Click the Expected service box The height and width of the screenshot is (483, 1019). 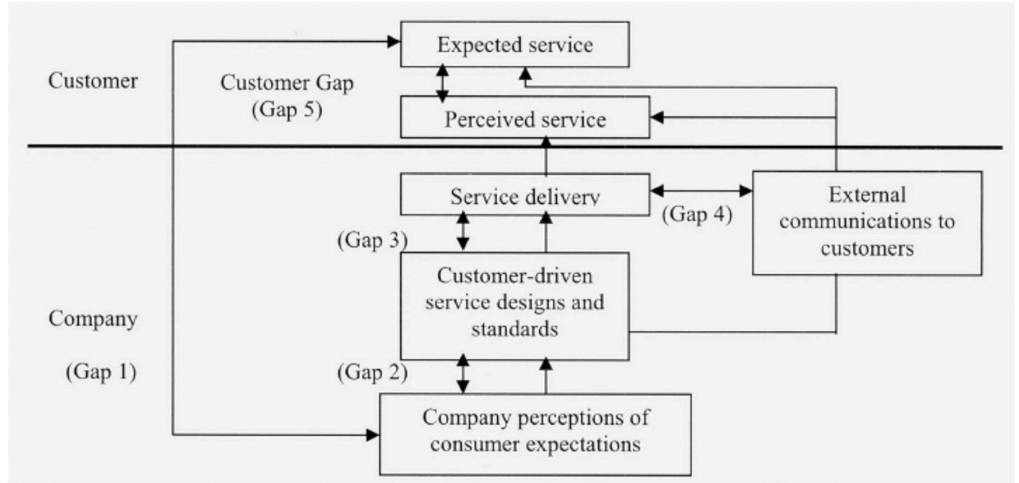(x=514, y=44)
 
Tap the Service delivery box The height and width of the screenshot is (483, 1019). (x=525, y=196)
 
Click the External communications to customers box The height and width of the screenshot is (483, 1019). (x=867, y=222)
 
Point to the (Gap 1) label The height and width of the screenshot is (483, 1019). (x=101, y=371)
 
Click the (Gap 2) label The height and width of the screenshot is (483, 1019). (x=372, y=372)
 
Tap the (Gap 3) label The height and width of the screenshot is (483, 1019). (x=372, y=240)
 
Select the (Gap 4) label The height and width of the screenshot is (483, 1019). (x=697, y=214)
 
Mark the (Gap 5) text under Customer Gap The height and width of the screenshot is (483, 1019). (x=287, y=109)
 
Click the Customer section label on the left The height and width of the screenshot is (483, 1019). (x=93, y=81)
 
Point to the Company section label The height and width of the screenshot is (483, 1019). (x=93, y=318)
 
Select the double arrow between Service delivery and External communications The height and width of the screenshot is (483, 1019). (x=701, y=191)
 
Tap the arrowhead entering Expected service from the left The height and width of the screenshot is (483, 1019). (x=393, y=41)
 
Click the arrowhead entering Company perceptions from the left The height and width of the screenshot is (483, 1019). (x=373, y=434)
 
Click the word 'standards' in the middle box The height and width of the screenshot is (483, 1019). (x=514, y=329)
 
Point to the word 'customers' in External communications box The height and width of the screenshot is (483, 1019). (x=867, y=248)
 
